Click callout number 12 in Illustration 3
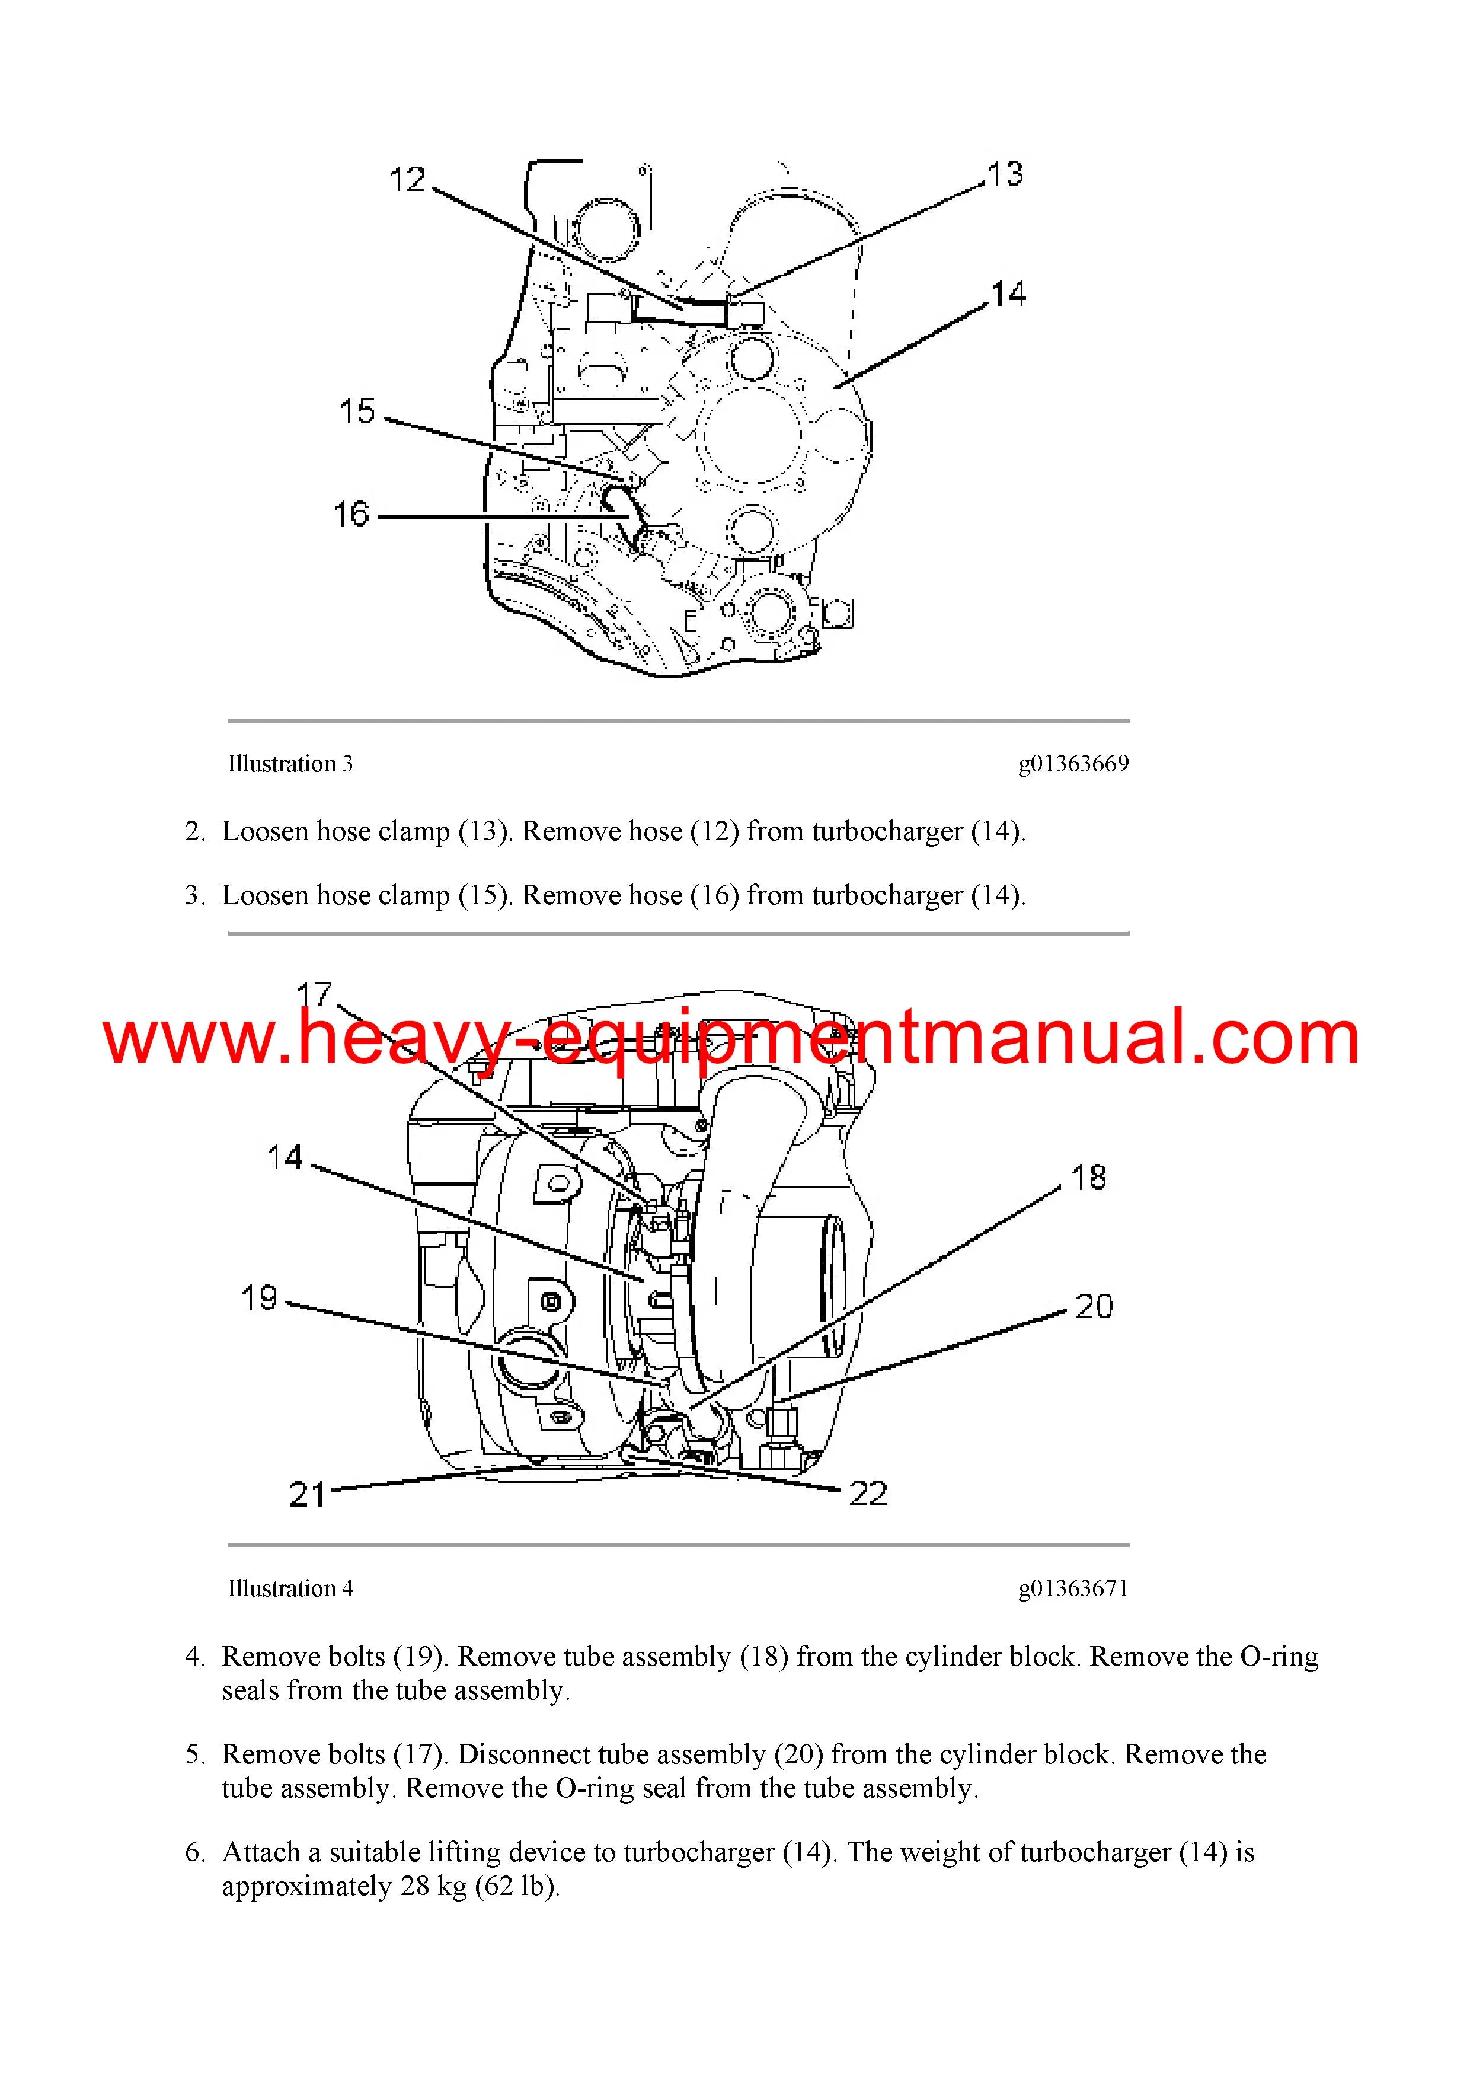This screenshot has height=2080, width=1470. pos(407,180)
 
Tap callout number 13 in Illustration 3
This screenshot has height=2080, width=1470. pos(1005,174)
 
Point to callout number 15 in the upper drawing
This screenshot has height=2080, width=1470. pos(357,411)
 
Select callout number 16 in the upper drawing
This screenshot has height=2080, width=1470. pos(351,515)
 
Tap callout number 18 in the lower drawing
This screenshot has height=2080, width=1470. pos(1089,1178)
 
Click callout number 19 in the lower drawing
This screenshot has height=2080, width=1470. pos(259,1298)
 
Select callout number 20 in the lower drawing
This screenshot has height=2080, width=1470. pos(1093,1306)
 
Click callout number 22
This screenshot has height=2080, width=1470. pos(868,1493)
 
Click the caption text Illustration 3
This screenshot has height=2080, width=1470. pos(290,764)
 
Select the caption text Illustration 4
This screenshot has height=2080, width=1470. pos(290,1588)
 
